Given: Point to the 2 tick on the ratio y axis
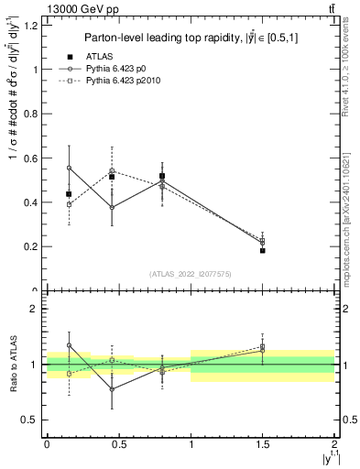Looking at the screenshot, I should pos(35,309).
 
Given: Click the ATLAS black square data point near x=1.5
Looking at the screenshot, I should pos(262,250).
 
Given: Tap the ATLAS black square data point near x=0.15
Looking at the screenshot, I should pos(69,194).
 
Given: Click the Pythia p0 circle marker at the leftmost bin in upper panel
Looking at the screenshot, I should pos(69,168).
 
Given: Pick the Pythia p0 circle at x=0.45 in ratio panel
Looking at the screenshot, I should pos(112,389).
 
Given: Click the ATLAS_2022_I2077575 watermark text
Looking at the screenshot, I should pos(191,274).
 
